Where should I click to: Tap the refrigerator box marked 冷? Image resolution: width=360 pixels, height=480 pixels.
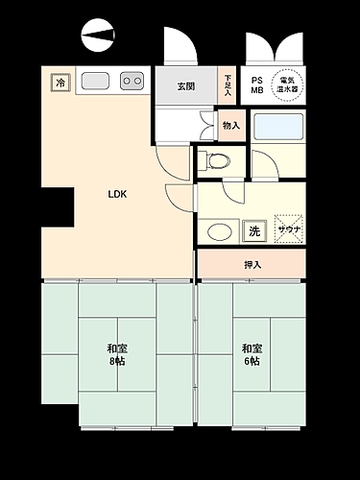pos(60,83)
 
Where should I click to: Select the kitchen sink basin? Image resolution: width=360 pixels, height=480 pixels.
pos(96,81)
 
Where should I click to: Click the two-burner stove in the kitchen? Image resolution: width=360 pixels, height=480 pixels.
pos(132,82)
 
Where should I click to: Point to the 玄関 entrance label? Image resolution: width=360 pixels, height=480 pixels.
pos(186,86)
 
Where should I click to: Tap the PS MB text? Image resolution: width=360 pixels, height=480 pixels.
pos(256,84)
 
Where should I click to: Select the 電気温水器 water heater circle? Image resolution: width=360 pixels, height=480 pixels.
pos(285,83)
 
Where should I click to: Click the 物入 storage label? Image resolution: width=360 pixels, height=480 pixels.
pos(230,124)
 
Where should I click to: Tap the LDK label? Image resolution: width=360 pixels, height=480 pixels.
pos(117,194)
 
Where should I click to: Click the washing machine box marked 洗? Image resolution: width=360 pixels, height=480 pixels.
pos(254,230)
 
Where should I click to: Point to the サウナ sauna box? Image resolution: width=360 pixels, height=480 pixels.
pos(288,229)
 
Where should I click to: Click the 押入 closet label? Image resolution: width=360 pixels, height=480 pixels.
pos(252,264)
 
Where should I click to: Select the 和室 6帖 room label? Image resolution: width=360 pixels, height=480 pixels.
pos(252,354)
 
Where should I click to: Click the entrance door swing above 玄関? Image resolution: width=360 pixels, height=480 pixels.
pos(180,47)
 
